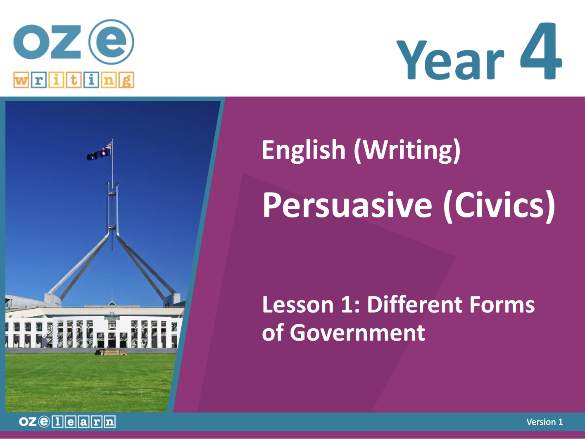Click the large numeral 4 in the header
click(x=541, y=51)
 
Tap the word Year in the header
click(x=450, y=60)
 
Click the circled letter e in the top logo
click(x=111, y=42)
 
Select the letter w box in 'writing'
click(x=21, y=80)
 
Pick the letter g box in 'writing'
click(x=126, y=80)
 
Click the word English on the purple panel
click(x=304, y=150)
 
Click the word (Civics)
click(x=499, y=206)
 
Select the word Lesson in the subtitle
click(x=298, y=305)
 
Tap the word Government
click(x=357, y=333)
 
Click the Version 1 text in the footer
click(x=545, y=422)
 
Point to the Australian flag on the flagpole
click(x=99, y=151)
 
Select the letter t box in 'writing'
click(x=74, y=80)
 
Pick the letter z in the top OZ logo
click(x=65, y=42)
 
